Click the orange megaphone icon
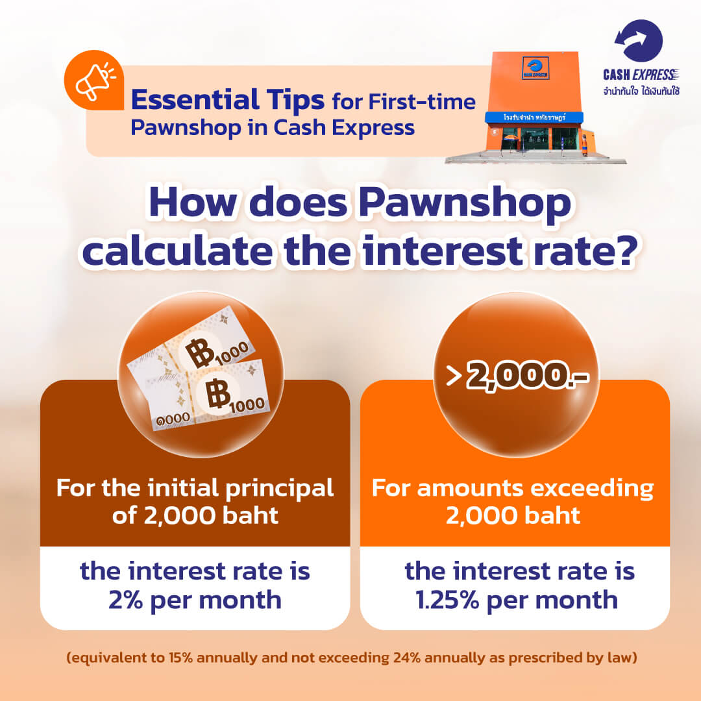click(94, 80)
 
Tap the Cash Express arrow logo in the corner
click(639, 40)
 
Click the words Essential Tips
click(228, 100)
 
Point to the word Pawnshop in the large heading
click(465, 203)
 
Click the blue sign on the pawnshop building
click(534, 117)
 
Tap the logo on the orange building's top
click(535, 68)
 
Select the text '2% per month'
click(195, 600)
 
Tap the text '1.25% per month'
click(517, 600)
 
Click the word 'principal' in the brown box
click(279, 488)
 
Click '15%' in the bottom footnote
click(180, 658)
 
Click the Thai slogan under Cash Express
click(641, 92)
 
